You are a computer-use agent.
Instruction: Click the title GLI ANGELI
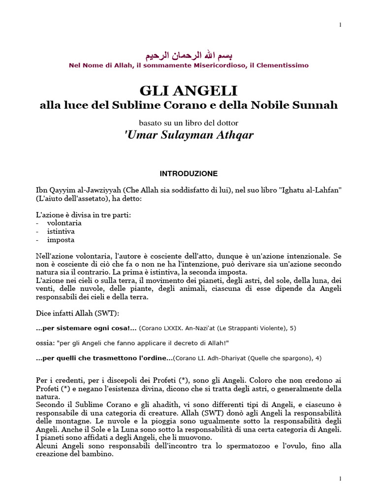[x=189, y=91]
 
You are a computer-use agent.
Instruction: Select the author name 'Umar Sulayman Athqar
[x=189, y=135]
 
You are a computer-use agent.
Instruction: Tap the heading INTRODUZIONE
[x=189, y=174]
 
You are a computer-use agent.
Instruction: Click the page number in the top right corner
[x=340, y=25]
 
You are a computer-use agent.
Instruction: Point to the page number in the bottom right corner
[x=340, y=478]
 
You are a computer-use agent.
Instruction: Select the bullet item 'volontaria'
[x=64, y=222]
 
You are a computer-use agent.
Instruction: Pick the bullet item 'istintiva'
[x=61, y=231]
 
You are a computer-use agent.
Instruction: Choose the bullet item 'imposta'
[x=61, y=240]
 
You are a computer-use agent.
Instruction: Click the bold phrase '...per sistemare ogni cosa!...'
[x=86, y=327]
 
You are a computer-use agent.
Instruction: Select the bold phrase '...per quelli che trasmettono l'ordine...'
[x=104, y=358]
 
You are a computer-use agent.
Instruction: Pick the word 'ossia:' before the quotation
[x=45, y=343]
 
